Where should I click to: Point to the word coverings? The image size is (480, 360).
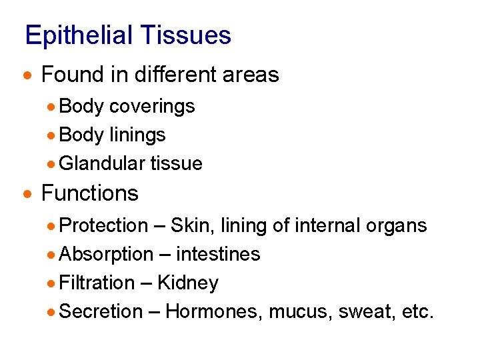click(152, 107)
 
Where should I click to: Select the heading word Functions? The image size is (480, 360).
click(89, 193)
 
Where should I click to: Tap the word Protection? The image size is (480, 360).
click(103, 225)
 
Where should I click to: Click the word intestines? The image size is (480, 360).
click(218, 254)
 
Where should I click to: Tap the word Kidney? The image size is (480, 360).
click(187, 283)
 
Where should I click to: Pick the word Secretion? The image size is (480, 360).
click(101, 311)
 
